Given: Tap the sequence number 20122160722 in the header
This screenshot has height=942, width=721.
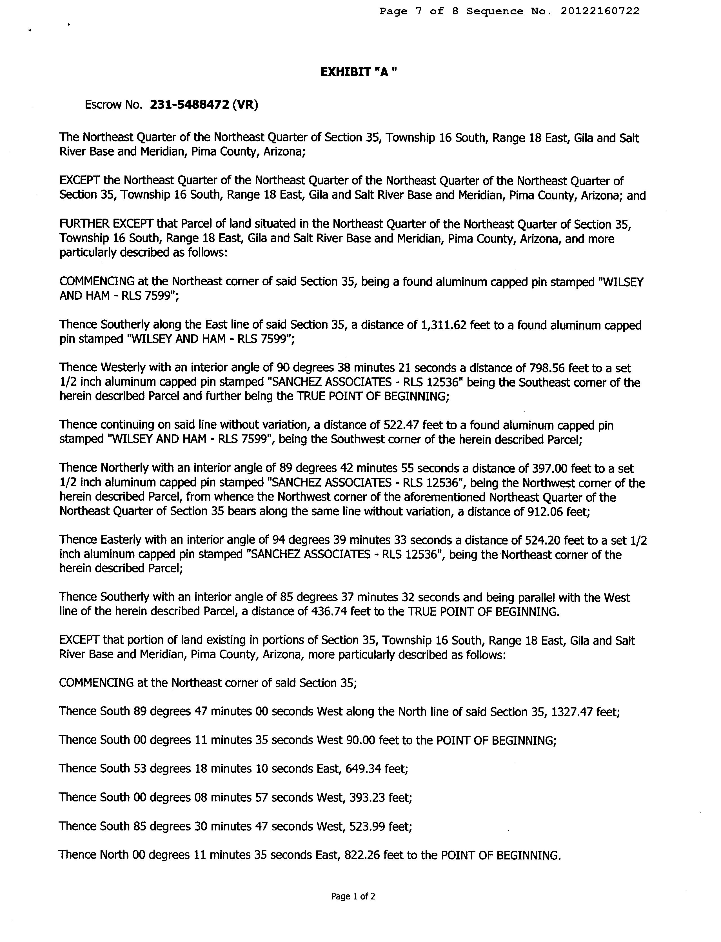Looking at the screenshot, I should [x=600, y=11].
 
